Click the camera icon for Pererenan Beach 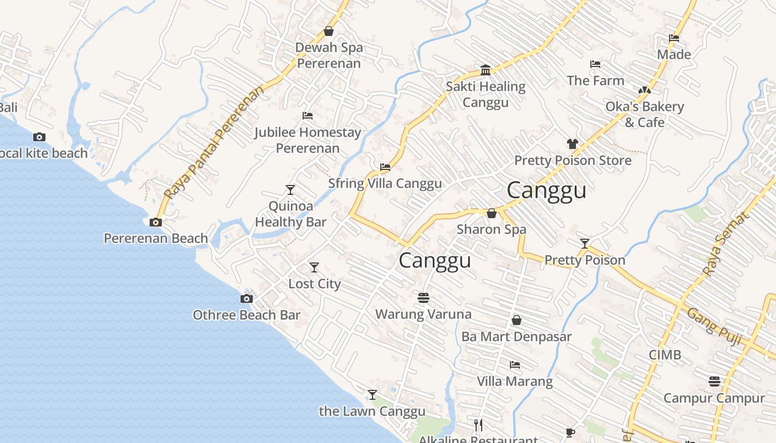tap(156, 222)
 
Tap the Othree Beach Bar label tap(246, 315)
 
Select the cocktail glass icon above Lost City tap(314, 267)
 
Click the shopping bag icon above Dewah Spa tap(329, 31)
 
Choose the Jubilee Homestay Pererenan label tap(308, 140)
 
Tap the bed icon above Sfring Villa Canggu tap(385, 167)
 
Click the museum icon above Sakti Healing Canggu tap(486, 70)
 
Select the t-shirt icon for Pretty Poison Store tap(573, 144)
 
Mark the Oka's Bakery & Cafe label tap(645, 114)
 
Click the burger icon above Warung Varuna tap(423, 298)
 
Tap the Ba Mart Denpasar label tap(516, 337)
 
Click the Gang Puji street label tap(714, 327)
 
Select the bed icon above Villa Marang tap(515, 365)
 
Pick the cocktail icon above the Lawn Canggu tap(372, 395)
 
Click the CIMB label tap(665, 354)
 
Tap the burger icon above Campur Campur tap(714, 382)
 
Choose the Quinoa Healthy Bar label tap(290, 214)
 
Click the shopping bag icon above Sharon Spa tap(491, 213)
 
